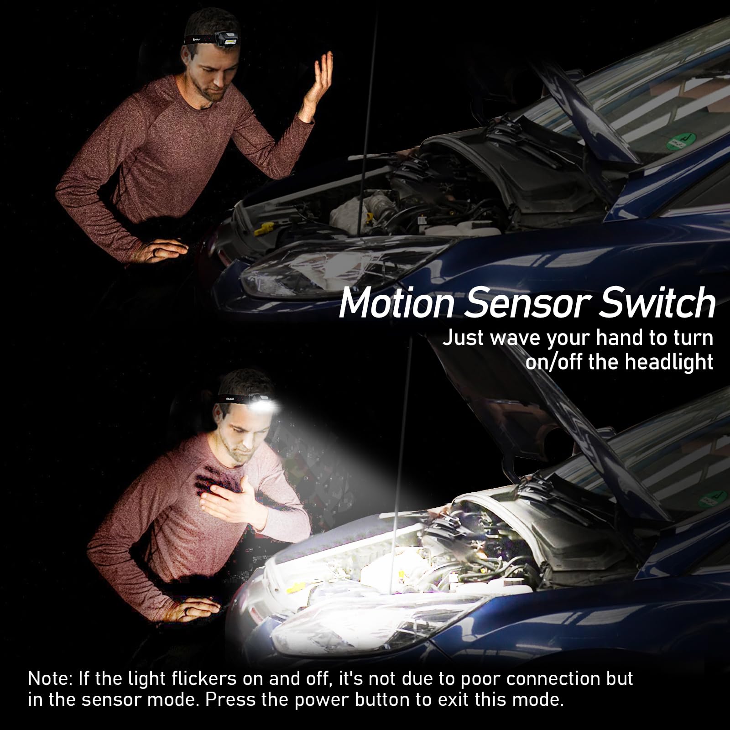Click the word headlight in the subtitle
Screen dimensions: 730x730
tap(669, 362)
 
